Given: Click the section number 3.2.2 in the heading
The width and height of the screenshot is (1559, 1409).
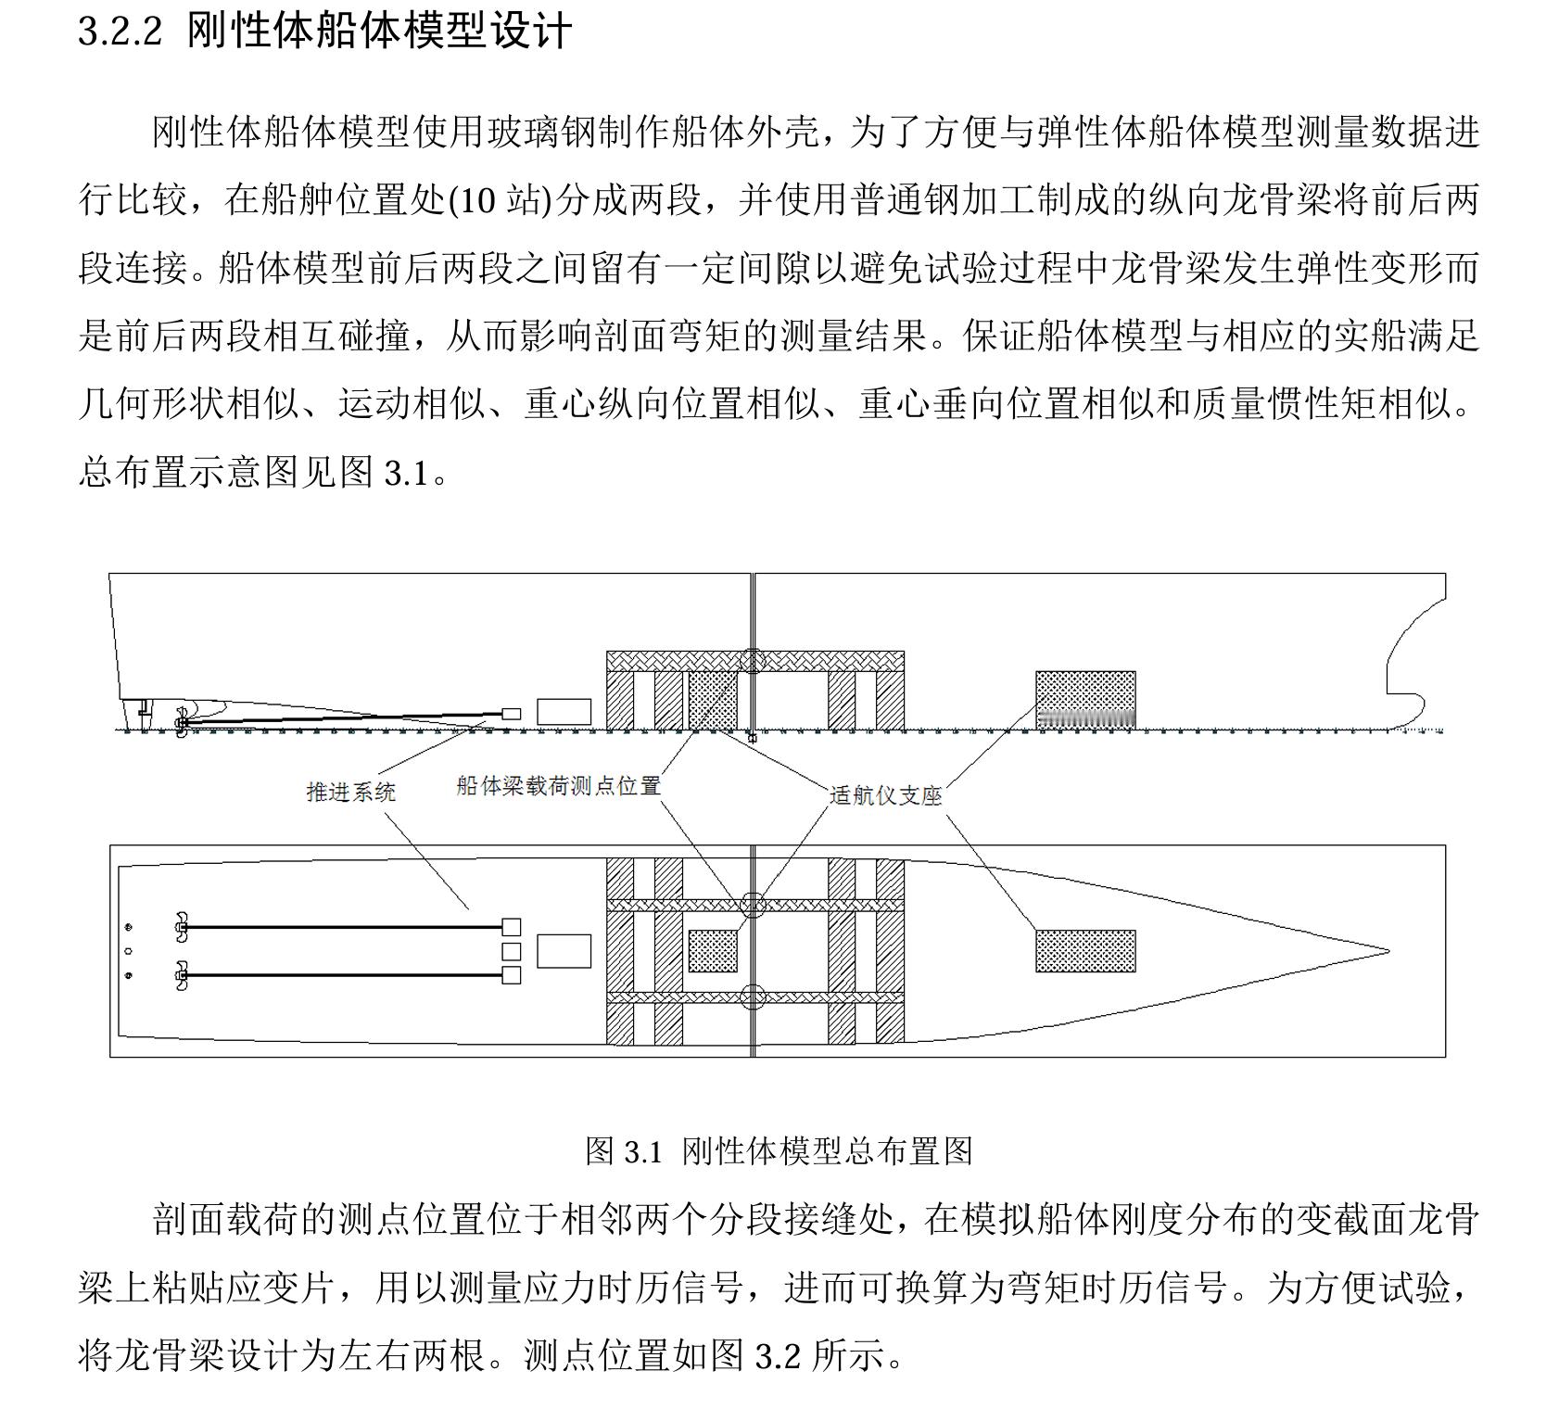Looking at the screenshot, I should pos(120,33).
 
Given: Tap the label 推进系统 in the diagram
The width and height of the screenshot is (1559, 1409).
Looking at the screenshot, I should pos(350,792).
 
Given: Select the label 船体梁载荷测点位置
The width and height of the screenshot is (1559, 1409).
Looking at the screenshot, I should pos(558,786).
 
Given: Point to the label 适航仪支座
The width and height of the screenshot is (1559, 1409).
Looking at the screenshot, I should pos(885,795).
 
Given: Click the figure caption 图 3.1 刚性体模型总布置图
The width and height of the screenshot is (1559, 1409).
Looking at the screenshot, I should pos(779,1151).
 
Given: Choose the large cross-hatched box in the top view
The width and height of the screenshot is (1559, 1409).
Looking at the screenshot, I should pos(1084,951).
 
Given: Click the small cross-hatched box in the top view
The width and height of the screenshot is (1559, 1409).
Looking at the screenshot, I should pos(713,951).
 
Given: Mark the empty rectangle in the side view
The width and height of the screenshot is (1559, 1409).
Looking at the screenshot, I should pos(564,712).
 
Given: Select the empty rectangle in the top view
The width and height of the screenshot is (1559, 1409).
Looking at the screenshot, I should pos(564,951).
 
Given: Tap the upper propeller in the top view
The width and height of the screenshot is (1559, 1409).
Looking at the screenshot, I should pos(182,926).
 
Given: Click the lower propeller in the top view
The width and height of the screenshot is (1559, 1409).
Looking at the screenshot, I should pos(182,975).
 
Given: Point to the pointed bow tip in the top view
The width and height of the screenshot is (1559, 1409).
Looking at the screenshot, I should pos(1387,951).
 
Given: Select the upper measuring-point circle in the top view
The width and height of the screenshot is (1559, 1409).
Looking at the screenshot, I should pos(753,904).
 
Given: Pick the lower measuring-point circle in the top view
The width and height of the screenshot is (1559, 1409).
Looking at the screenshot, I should pos(753,997).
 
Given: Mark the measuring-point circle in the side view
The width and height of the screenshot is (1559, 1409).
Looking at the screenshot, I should pos(753,660).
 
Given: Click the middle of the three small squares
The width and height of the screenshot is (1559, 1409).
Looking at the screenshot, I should pos(511,951).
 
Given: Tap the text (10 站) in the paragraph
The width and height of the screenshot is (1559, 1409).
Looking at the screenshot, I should pos(500,200).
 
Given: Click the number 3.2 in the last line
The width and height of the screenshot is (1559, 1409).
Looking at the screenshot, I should pos(777,1356).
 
